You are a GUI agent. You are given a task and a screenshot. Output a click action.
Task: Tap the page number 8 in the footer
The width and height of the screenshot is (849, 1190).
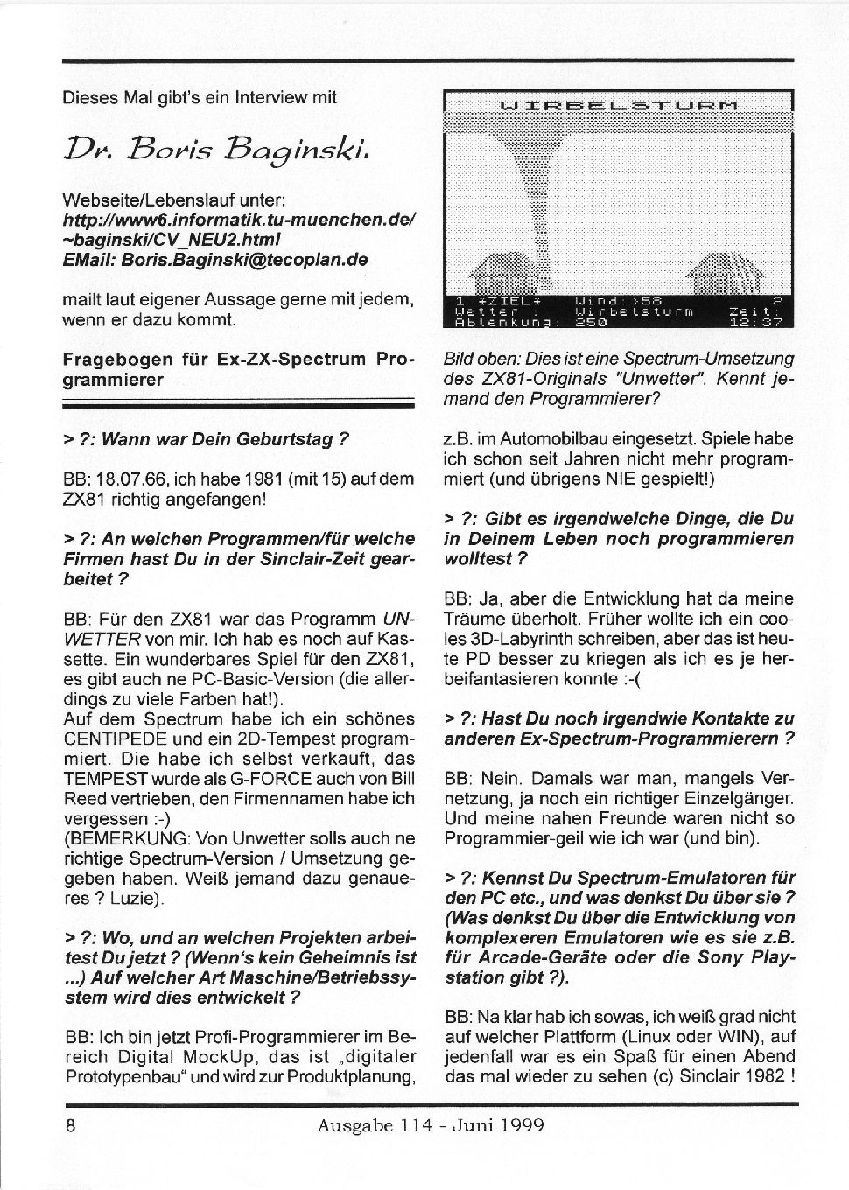[x=70, y=1124]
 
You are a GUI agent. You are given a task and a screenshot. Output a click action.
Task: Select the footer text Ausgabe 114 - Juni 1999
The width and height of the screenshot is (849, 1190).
[x=431, y=1124]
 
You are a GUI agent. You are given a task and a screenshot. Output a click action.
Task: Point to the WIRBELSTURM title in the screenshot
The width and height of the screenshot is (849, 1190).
[x=618, y=106]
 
